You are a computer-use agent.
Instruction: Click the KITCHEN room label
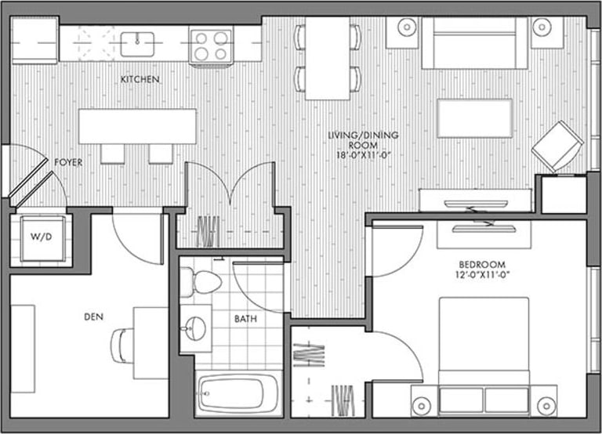pos(140,80)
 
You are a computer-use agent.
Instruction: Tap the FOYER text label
pos(68,162)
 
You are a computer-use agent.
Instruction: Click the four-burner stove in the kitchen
pos(211,45)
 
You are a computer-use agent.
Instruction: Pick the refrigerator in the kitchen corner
pos(35,41)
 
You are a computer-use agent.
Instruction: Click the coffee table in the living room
pos(474,118)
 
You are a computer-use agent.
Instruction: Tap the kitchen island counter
pos(137,126)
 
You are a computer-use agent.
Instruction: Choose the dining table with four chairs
pos(328,58)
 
